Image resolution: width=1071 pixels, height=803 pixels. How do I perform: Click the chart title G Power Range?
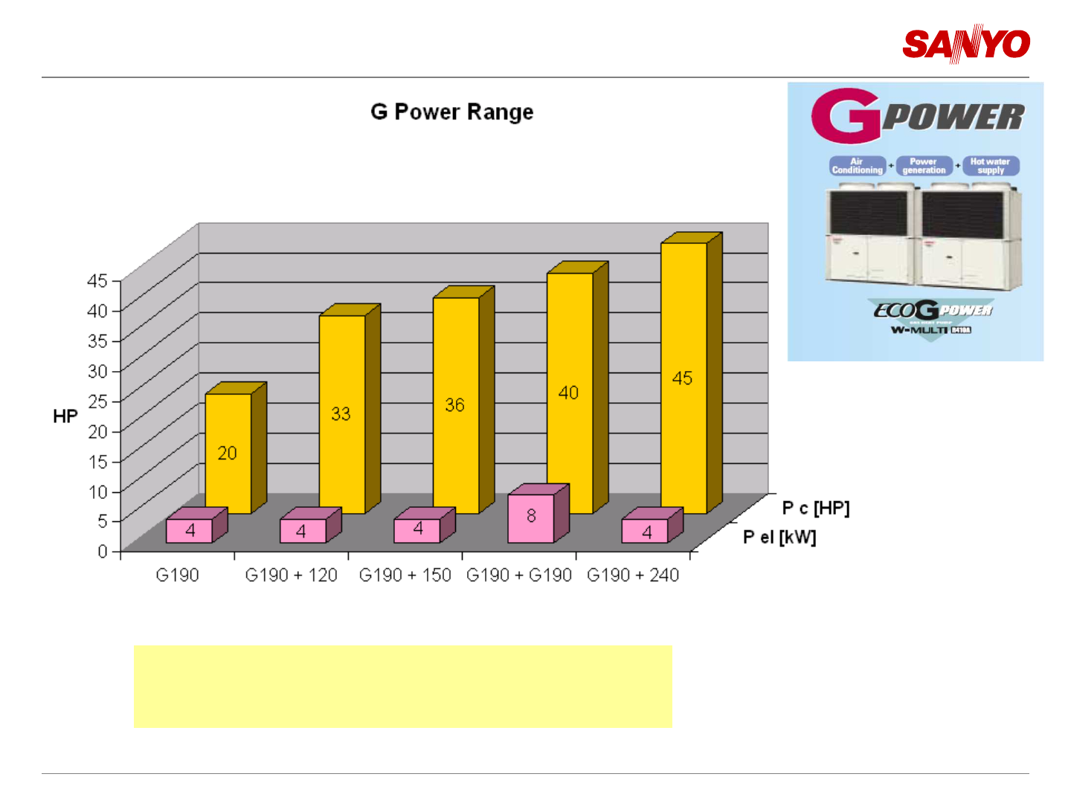coord(452,112)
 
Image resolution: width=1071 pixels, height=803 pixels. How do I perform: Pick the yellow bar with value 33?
coord(341,413)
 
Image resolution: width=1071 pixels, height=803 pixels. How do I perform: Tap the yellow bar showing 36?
coord(455,404)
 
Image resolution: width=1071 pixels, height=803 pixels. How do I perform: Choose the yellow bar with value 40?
coord(569,392)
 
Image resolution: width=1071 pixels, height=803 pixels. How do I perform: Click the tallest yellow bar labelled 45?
coord(683,378)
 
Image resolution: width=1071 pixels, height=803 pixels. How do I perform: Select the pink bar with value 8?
coord(531,517)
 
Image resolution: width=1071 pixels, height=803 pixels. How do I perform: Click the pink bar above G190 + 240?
coord(645,531)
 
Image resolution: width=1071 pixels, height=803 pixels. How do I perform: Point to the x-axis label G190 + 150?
coord(405,575)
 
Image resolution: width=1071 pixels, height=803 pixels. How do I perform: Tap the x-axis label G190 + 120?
coord(291,575)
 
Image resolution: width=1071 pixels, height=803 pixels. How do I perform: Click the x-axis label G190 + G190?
coord(519,575)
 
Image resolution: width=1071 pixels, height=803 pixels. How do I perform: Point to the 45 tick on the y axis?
coord(97,281)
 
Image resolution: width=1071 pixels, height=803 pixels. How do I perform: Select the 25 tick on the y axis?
coord(97,401)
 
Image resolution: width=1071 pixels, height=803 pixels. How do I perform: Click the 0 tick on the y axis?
coord(103,552)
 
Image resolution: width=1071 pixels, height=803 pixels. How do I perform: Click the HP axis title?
coord(65,416)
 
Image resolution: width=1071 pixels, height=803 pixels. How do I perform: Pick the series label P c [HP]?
coord(815,509)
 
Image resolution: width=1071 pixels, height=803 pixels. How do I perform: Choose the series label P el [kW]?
coord(779,537)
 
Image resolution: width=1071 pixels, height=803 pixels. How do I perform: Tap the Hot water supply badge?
coord(990,166)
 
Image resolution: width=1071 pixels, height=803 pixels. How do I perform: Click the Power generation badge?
coord(924,166)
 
